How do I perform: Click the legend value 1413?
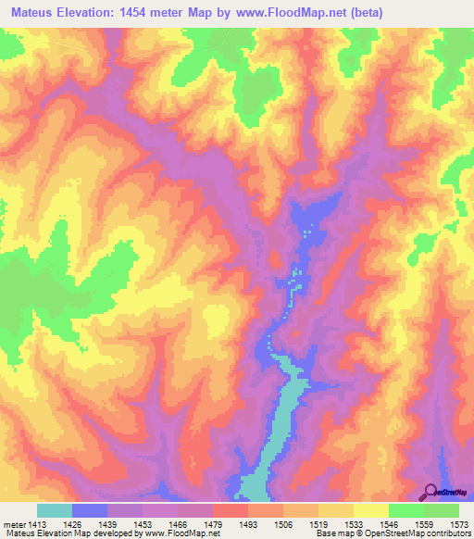point(36,523)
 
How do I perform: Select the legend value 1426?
point(73,523)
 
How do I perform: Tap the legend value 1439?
point(108,523)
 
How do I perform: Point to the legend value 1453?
point(143,523)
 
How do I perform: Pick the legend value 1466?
point(179,523)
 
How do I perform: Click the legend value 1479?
point(214,523)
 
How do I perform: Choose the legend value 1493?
point(249,523)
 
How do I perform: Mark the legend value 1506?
point(284,523)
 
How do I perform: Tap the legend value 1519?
point(319,523)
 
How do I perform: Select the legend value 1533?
point(355,523)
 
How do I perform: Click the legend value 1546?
point(390,523)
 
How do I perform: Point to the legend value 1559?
point(425,523)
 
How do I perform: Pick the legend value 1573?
point(460,523)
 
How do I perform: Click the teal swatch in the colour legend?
point(55,510)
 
